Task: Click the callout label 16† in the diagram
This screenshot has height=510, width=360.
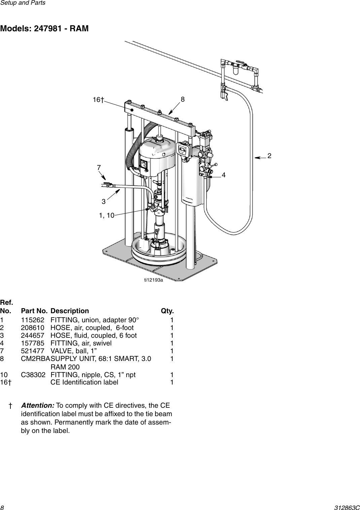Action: tap(98, 100)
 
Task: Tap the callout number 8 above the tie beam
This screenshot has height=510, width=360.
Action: tap(183, 99)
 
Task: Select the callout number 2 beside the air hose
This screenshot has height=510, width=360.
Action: tap(269, 156)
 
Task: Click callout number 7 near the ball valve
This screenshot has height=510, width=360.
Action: tap(99, 167)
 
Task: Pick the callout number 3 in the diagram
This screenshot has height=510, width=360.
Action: tap(104, 202)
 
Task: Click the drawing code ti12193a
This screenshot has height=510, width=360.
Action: tap(154, 280)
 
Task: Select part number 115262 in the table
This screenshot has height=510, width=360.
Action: tap(32, 320)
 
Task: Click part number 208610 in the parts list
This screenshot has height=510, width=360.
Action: tap(32, 328)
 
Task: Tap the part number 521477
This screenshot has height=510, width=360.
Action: tap(32, 351)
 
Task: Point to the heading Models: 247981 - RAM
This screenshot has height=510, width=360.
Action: tap(44, 29)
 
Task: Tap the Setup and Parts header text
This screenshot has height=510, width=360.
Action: tap(23, 3)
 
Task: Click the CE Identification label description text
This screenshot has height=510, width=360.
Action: tap(84, 382)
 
